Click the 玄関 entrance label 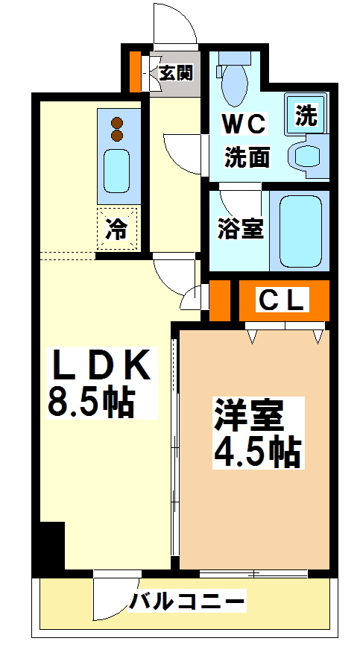pos(176,72)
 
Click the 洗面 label pos(247,157)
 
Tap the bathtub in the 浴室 pos(300,230)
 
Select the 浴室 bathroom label pos(240,229)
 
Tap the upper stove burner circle pos(117,122)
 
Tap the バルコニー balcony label pos(187,601)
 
